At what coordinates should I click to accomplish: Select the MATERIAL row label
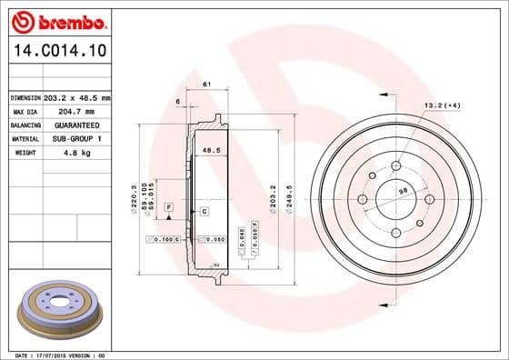(25, 138)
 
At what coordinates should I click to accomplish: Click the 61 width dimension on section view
(206, 85)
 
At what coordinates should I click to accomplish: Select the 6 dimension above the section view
(178, 101)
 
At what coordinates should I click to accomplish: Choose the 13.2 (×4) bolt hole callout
(441, 106)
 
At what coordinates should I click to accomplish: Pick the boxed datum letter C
(205, 211)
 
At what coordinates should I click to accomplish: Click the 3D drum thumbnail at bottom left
(60, 312)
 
